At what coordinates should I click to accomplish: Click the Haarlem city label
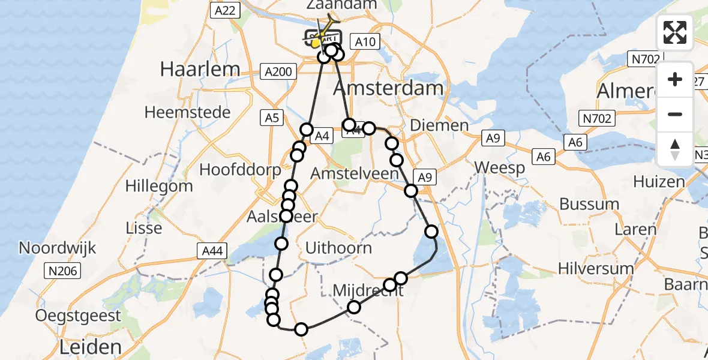pos(200,70)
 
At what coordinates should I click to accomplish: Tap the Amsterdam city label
pos(388,88)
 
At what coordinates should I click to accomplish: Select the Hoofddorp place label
pos(240,170)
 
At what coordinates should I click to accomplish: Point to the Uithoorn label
pos(338,248)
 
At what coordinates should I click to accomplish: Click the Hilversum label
pos(596,268)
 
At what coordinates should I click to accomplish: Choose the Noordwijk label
pos(57,248)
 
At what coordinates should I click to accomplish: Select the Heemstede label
pos(188,112)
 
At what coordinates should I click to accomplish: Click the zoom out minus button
pos(675,114)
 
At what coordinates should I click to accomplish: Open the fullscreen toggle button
pos(675,32)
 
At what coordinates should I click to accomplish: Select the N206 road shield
pos(64,272)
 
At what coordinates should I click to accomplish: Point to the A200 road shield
pos(278,72)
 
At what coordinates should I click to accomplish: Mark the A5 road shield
pos(272,118)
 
